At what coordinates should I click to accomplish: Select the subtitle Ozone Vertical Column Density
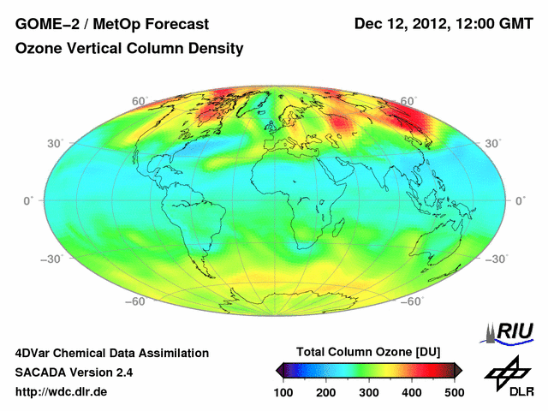pyautogui.click(x=129, y=49)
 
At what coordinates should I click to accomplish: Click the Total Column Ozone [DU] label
pyautogui.click(x=368, y=352)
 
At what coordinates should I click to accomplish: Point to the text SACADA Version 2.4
pyautogui.click(x=74, y=372)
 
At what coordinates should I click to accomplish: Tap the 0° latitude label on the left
pyautogui.click(x=27, y=200)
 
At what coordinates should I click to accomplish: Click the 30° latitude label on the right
pyautogui.click(x=492, y=143)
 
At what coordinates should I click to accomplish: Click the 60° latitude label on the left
pyautogui.click(x=139, y=101)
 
